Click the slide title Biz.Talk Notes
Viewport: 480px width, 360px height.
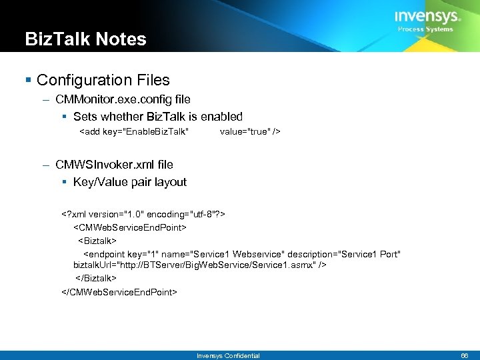point(85,39)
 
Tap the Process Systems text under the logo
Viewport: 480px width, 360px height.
point(425,29)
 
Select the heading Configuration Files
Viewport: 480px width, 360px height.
point(103,81)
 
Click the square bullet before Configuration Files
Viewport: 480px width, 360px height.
point(28,81)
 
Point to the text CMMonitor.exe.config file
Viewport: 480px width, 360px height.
point(123,100)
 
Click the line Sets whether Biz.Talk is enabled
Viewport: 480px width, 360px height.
point(158,117)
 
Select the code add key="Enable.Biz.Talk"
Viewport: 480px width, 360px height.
point(134,132)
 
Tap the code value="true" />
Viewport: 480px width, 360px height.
point(250,132)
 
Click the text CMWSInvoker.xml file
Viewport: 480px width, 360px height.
point(115,165)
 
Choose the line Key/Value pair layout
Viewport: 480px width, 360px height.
point(130,182)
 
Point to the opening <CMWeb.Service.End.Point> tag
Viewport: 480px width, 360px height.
point(129,227)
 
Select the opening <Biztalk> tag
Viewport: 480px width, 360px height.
point(97,240)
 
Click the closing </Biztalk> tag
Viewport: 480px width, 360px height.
point(96,278)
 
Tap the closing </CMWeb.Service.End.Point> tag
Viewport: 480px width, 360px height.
point(119,291)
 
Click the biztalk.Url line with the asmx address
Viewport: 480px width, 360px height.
point(199,265)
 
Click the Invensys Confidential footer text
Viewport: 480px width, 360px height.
point(228,356)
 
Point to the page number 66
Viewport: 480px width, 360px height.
point(465,356)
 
